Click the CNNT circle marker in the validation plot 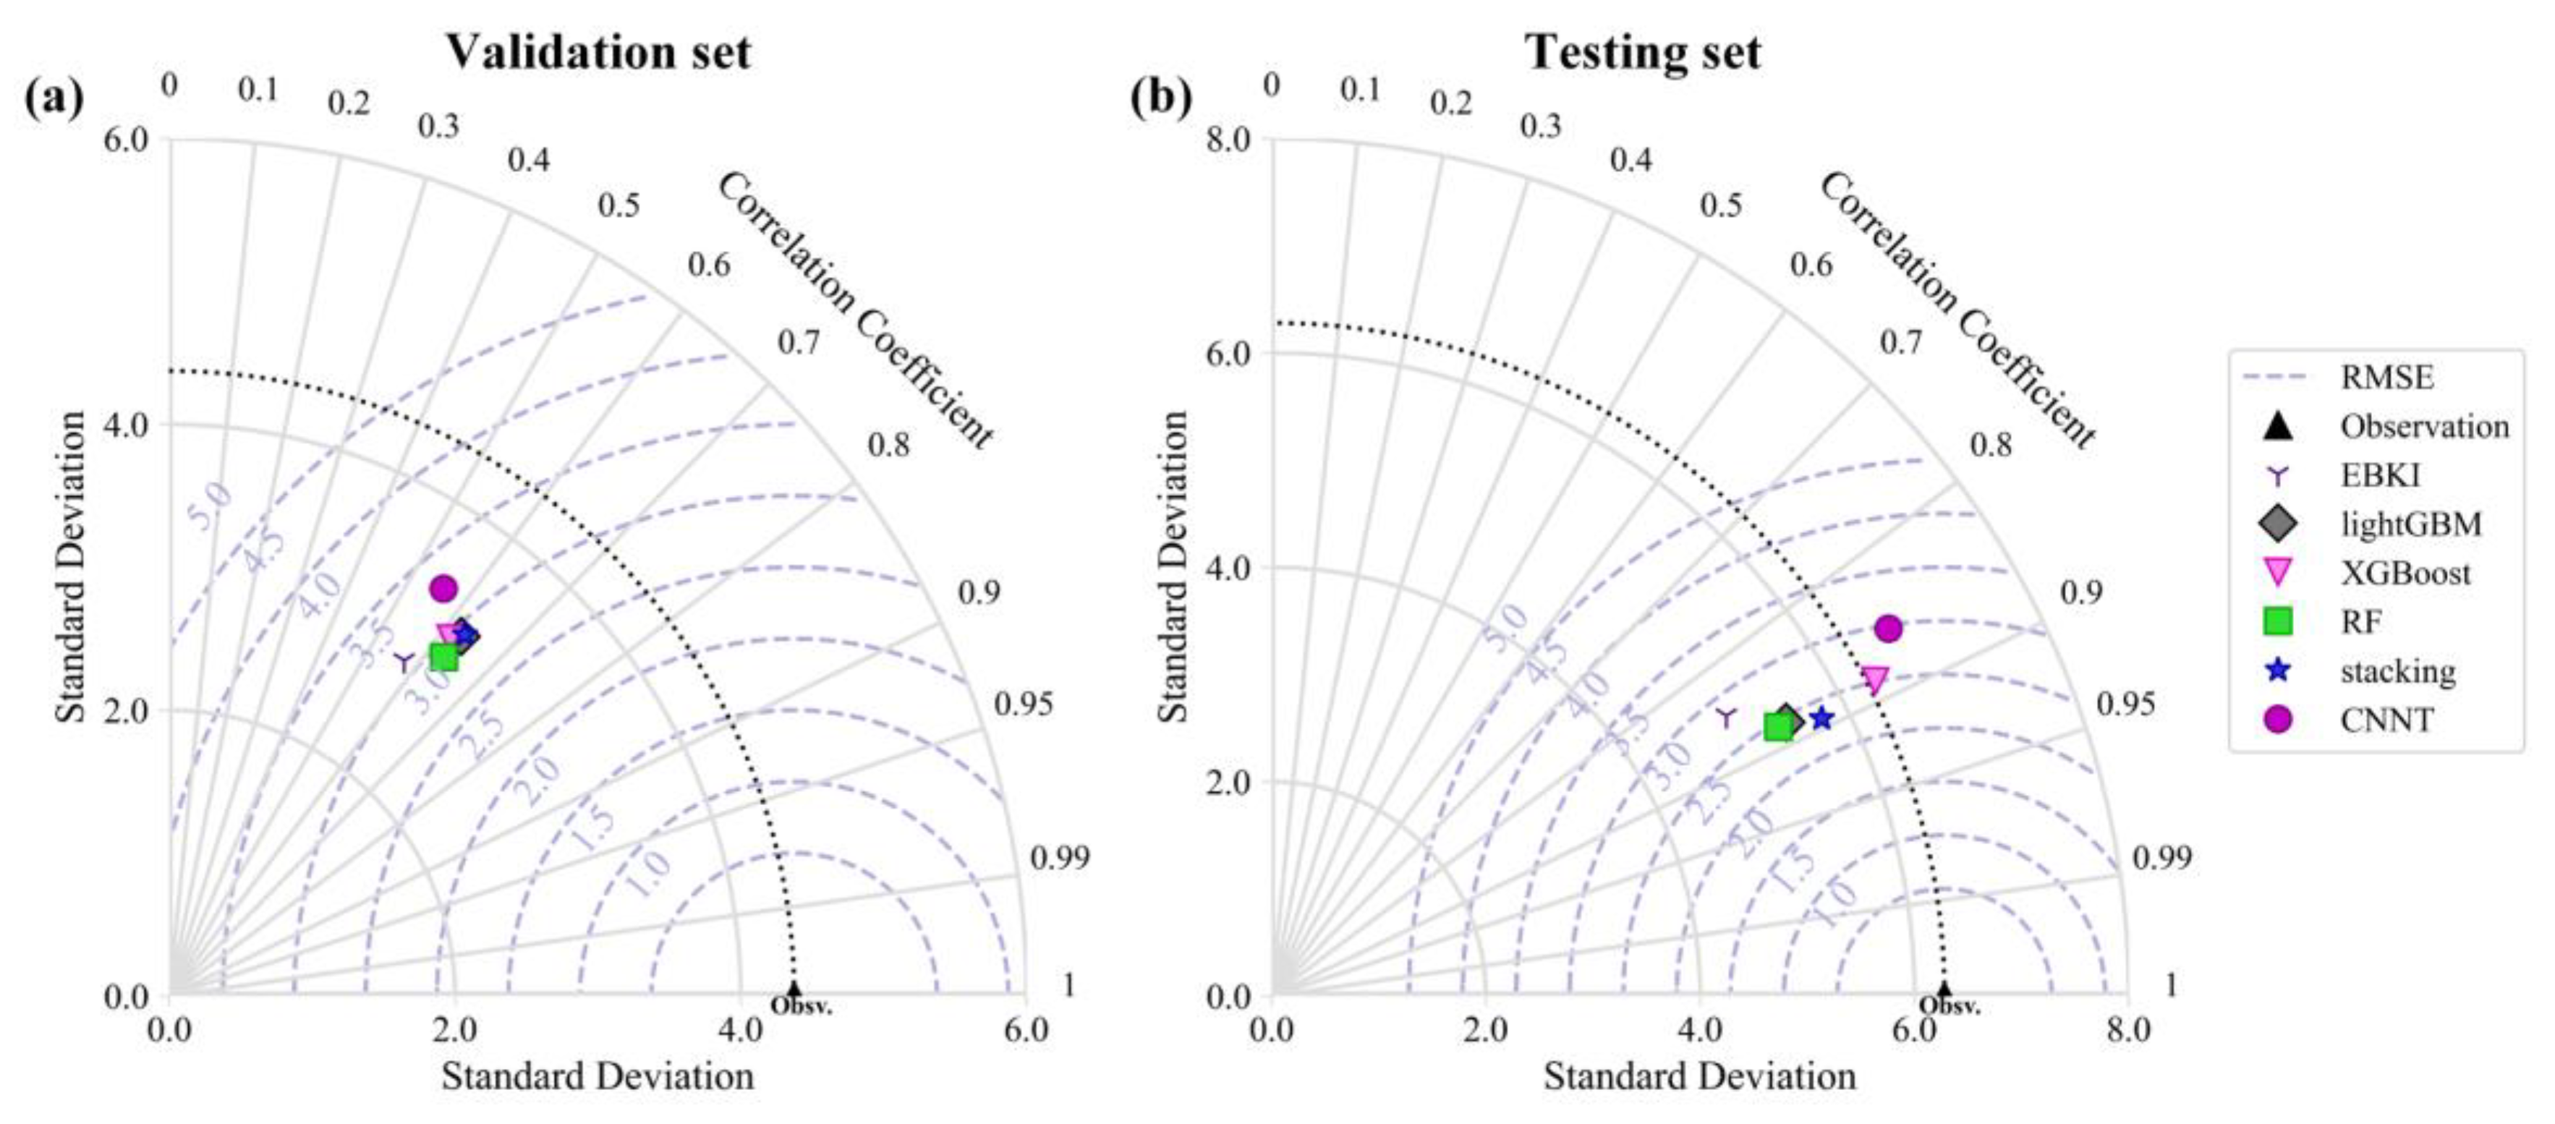point(443,588)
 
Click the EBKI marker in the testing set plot point(1726,716)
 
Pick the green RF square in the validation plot point(443,656)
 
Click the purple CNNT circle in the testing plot point(1889,628)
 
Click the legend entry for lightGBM point(2410,524)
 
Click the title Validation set point(598,51)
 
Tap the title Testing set point(1643,51)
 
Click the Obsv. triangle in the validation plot point(794,989)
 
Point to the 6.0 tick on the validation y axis point(126,139)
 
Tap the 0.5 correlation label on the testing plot point(1720,205)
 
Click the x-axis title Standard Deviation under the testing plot point(1699,1076)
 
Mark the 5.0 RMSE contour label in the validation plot point(209,505)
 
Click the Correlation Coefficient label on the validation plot point(855,310)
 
